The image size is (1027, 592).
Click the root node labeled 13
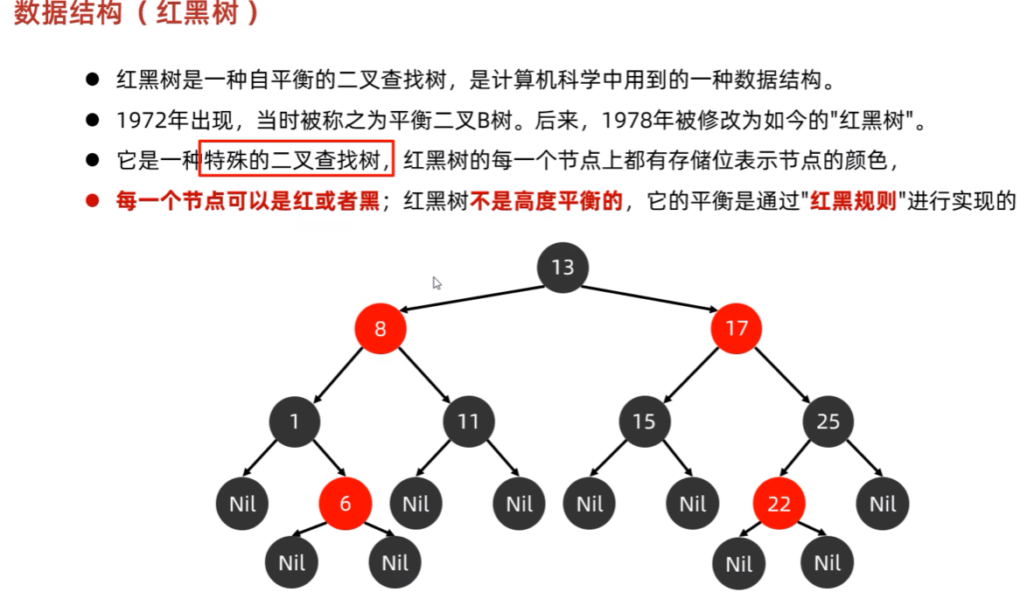tap(562, 267)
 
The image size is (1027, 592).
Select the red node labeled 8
tap(381, 330)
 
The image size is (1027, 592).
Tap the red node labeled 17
tap(737, 330)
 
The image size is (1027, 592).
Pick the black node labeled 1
tap(295, 422)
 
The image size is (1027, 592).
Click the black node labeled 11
tap(468, 422)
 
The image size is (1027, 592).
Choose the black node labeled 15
tap(644, 422)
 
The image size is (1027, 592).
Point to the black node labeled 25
tap(828, 422)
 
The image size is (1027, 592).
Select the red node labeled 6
tap(345, 504)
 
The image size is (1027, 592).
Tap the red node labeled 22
tap(779, 504)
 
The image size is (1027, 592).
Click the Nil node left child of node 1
tap(242, 504)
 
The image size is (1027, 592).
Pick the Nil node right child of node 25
tap(883, 504)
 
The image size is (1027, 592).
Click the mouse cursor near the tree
tap(437, 282)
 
